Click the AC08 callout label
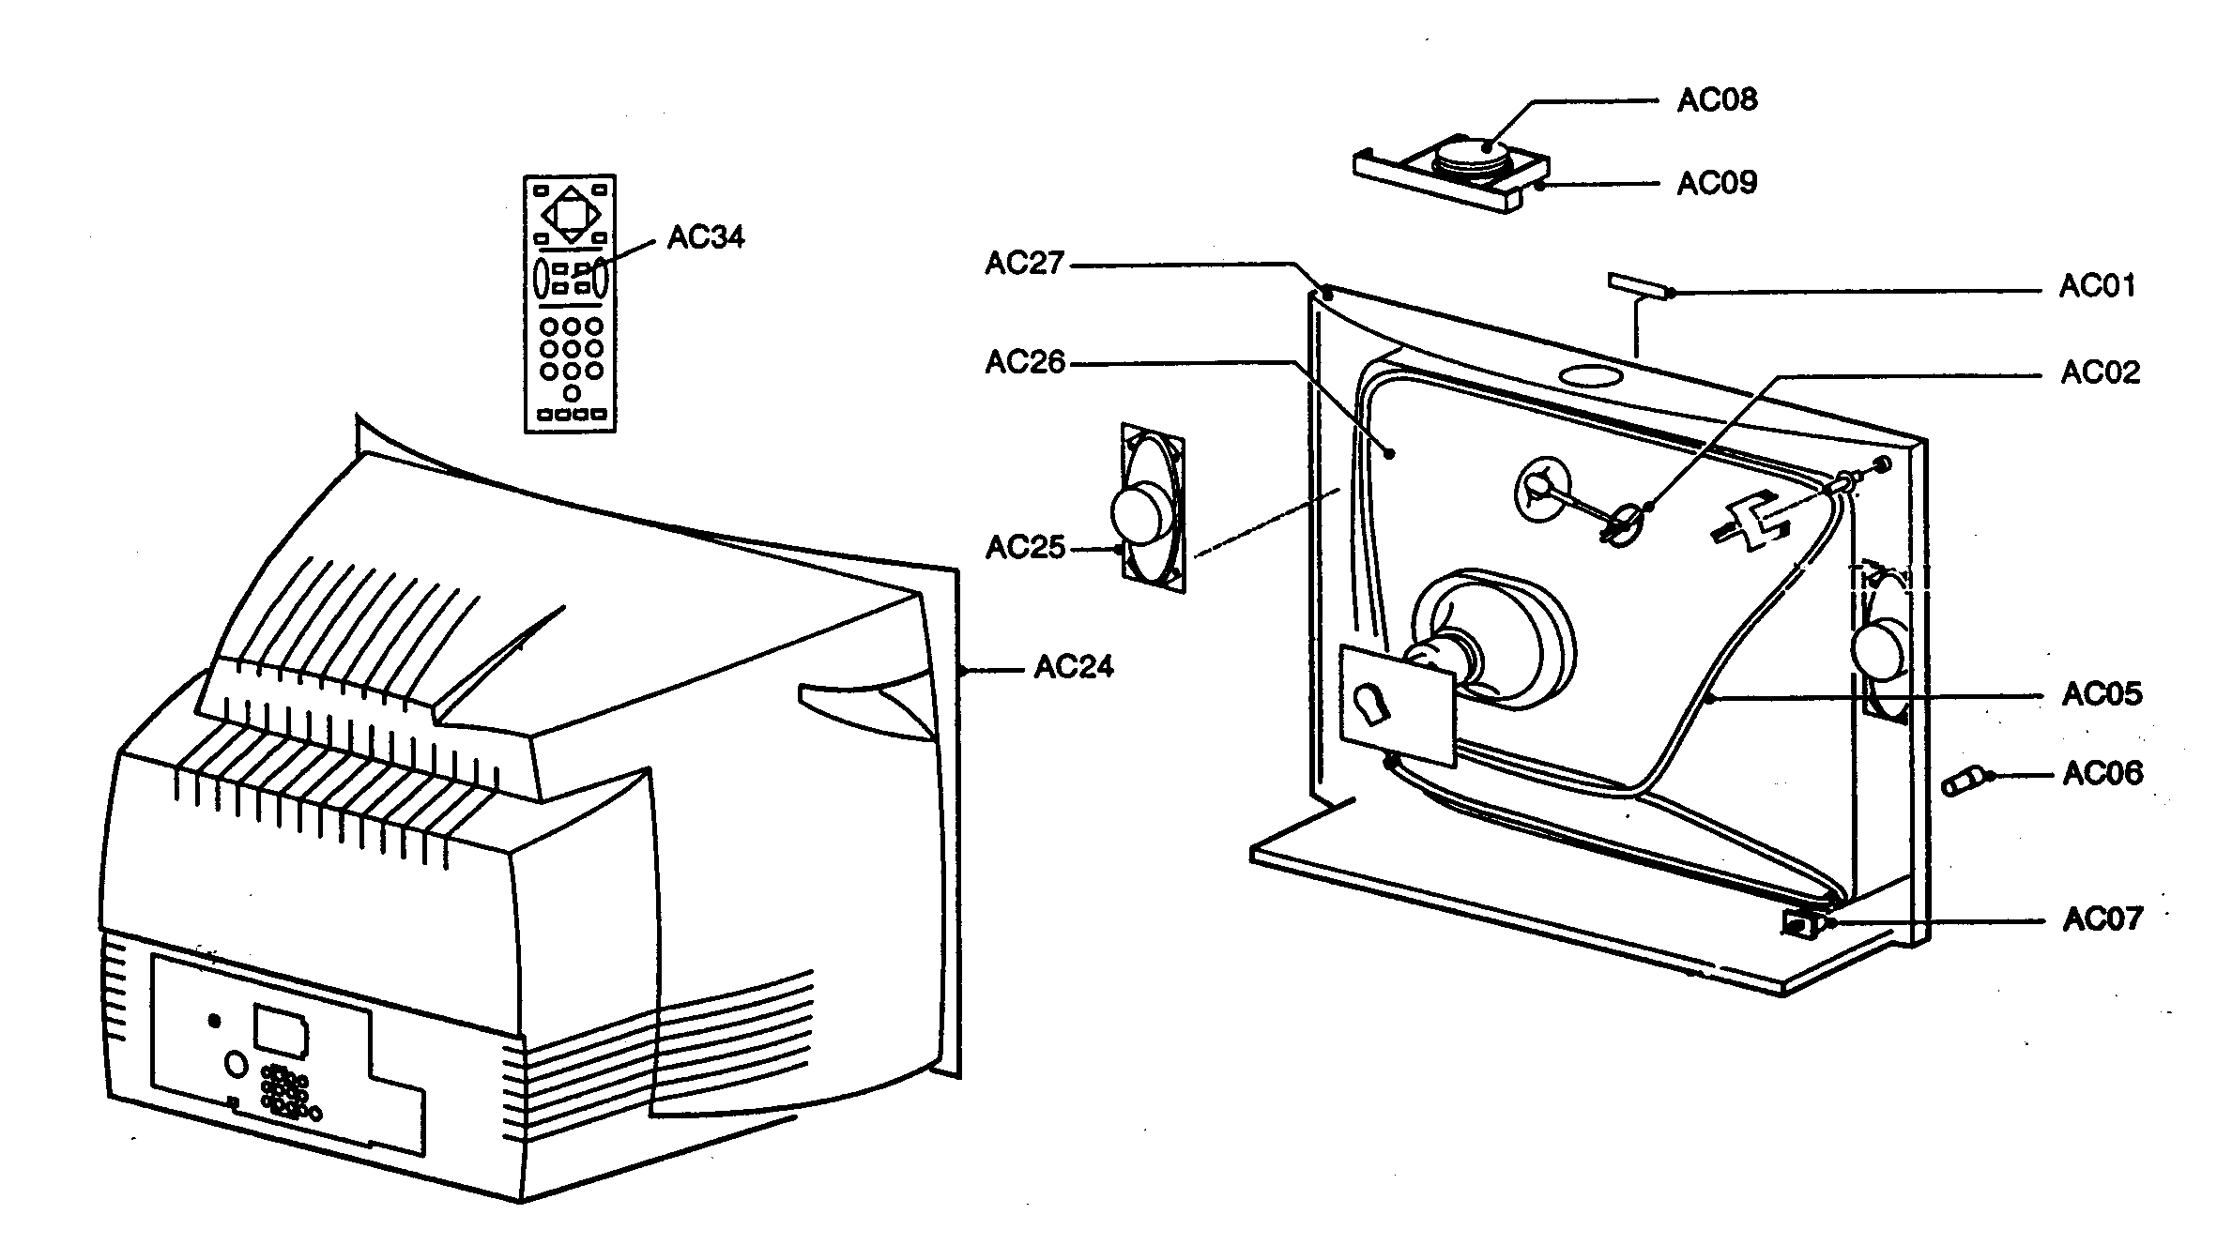pyautogui.click(x=1717, y=99)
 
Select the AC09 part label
pyautogui.click(x=1717, y=182)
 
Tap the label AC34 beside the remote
pyautogui.click(x=706, y=237)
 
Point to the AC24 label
pyautogui.click(x=1073, y=667)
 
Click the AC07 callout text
pyautogui.click(x=2102, y=918)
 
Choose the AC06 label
pyautogui.click(x=2102, y=773)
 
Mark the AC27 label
pyautogui.click(x=1024, y=264)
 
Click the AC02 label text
pyautogui.click(x=2100, y=372)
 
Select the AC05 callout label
pyautogui.click(x=2102, y=694)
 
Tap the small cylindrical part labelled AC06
pyautogui.click(x=1962, y=782)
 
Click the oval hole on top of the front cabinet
pyautogui.click(x=1590, y=375)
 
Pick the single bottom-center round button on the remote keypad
pyautogui.click(x=571, y=393)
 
